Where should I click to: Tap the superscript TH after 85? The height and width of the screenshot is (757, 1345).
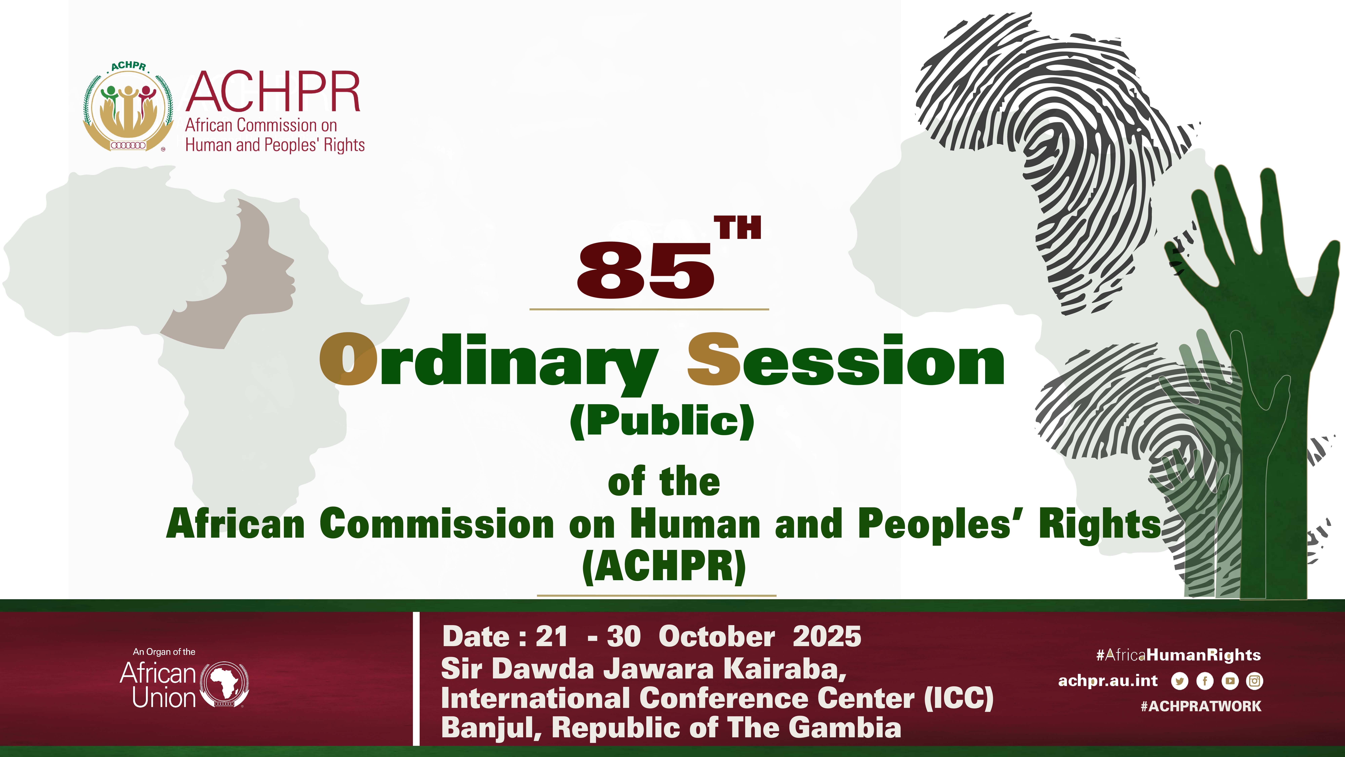click(738, 228)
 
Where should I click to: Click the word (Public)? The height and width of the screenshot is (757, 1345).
click(662, 421)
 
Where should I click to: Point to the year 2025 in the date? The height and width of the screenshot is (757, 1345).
click(827, 636)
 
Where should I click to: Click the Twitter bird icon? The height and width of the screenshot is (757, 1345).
click(1180, 681)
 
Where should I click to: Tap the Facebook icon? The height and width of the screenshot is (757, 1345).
click(1205, 681)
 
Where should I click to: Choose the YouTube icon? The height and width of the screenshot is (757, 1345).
click(1230, 681)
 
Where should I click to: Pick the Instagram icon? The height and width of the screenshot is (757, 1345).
click(1255, 681)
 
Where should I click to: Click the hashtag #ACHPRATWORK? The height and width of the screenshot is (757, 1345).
click(1201, 706)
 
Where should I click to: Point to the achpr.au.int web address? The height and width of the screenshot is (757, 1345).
click(1107, 681)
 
